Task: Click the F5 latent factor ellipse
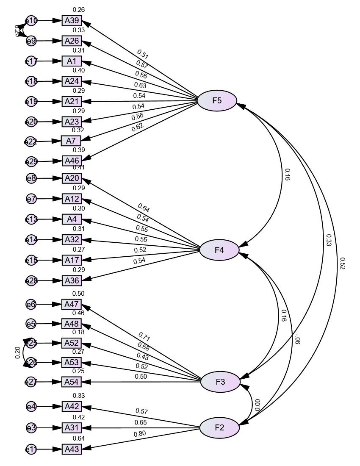(x=217, y=101)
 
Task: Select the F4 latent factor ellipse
(x=219, y=250)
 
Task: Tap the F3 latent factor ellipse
(x=220, y=382)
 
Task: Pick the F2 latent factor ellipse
(x=219, y=427)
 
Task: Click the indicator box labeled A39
(x=72, y=21)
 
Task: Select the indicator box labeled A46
(x=72, y=161)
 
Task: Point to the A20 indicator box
(x=72, y=179)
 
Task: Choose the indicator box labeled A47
(x=72, y=305)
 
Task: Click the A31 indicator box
(x=72, y=428)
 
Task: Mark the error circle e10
(x=32, y=21)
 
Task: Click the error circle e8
(x=31, y=179)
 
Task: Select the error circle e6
(x=31, y=304)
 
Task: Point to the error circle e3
(x=31, y=428)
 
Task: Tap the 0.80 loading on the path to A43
(x=140, y=434)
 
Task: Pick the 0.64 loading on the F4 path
(x=144, y=208)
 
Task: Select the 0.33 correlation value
(x=329, y=240)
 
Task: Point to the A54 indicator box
(x=72, y=382)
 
